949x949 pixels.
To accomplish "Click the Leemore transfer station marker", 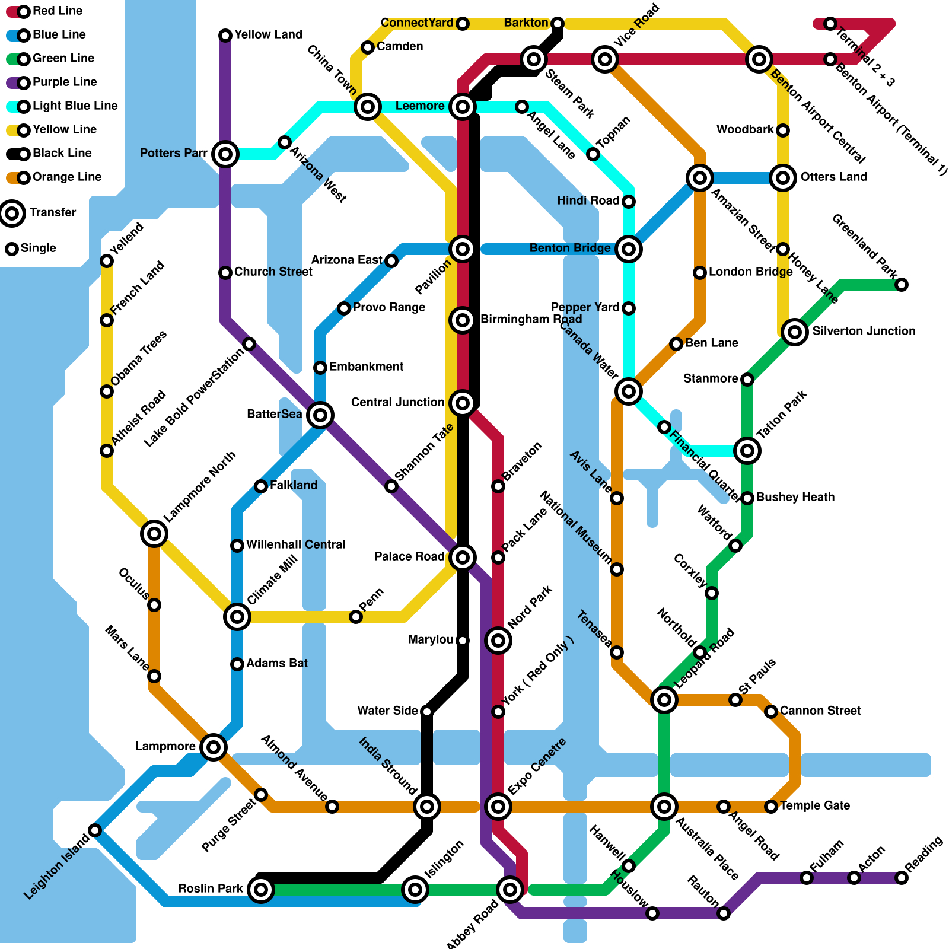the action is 462,107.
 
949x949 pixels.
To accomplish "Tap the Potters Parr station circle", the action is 225,154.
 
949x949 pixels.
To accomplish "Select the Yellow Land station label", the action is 268,34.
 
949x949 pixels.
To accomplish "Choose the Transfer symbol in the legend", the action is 12,213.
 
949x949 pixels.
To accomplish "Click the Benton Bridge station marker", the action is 628,249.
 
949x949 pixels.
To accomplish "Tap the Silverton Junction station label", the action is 863,331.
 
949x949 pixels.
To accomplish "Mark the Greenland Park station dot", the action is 901,285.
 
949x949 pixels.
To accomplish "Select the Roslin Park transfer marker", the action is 260,889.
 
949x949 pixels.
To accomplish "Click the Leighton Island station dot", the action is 95,830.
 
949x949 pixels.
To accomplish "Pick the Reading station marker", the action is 901,877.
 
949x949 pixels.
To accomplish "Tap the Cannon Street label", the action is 820,711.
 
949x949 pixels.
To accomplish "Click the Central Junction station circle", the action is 462,403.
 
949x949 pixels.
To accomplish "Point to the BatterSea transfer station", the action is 320,415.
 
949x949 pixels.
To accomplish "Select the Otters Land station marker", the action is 782,177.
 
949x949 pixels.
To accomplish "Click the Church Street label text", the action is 273,272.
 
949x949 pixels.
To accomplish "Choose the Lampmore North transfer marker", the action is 154,534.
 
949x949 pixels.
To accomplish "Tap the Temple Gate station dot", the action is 770,806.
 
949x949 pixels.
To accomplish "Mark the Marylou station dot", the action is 463,640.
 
